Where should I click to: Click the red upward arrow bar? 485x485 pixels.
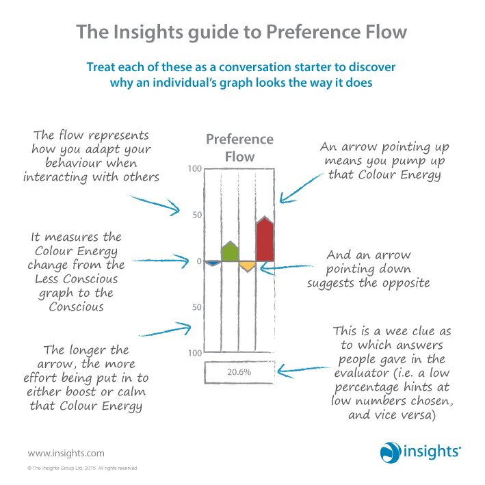point(265,241)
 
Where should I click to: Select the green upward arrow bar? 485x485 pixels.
point(230,252)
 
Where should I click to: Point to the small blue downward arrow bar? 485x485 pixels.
point(212,263)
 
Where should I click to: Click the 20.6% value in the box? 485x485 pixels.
point(239,371)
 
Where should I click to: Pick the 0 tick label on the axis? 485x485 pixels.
point(198,261)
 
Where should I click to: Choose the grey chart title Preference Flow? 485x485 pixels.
point(239,148)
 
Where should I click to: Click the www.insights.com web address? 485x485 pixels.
point(66,452)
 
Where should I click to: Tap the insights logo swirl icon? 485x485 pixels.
point(389,451)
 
